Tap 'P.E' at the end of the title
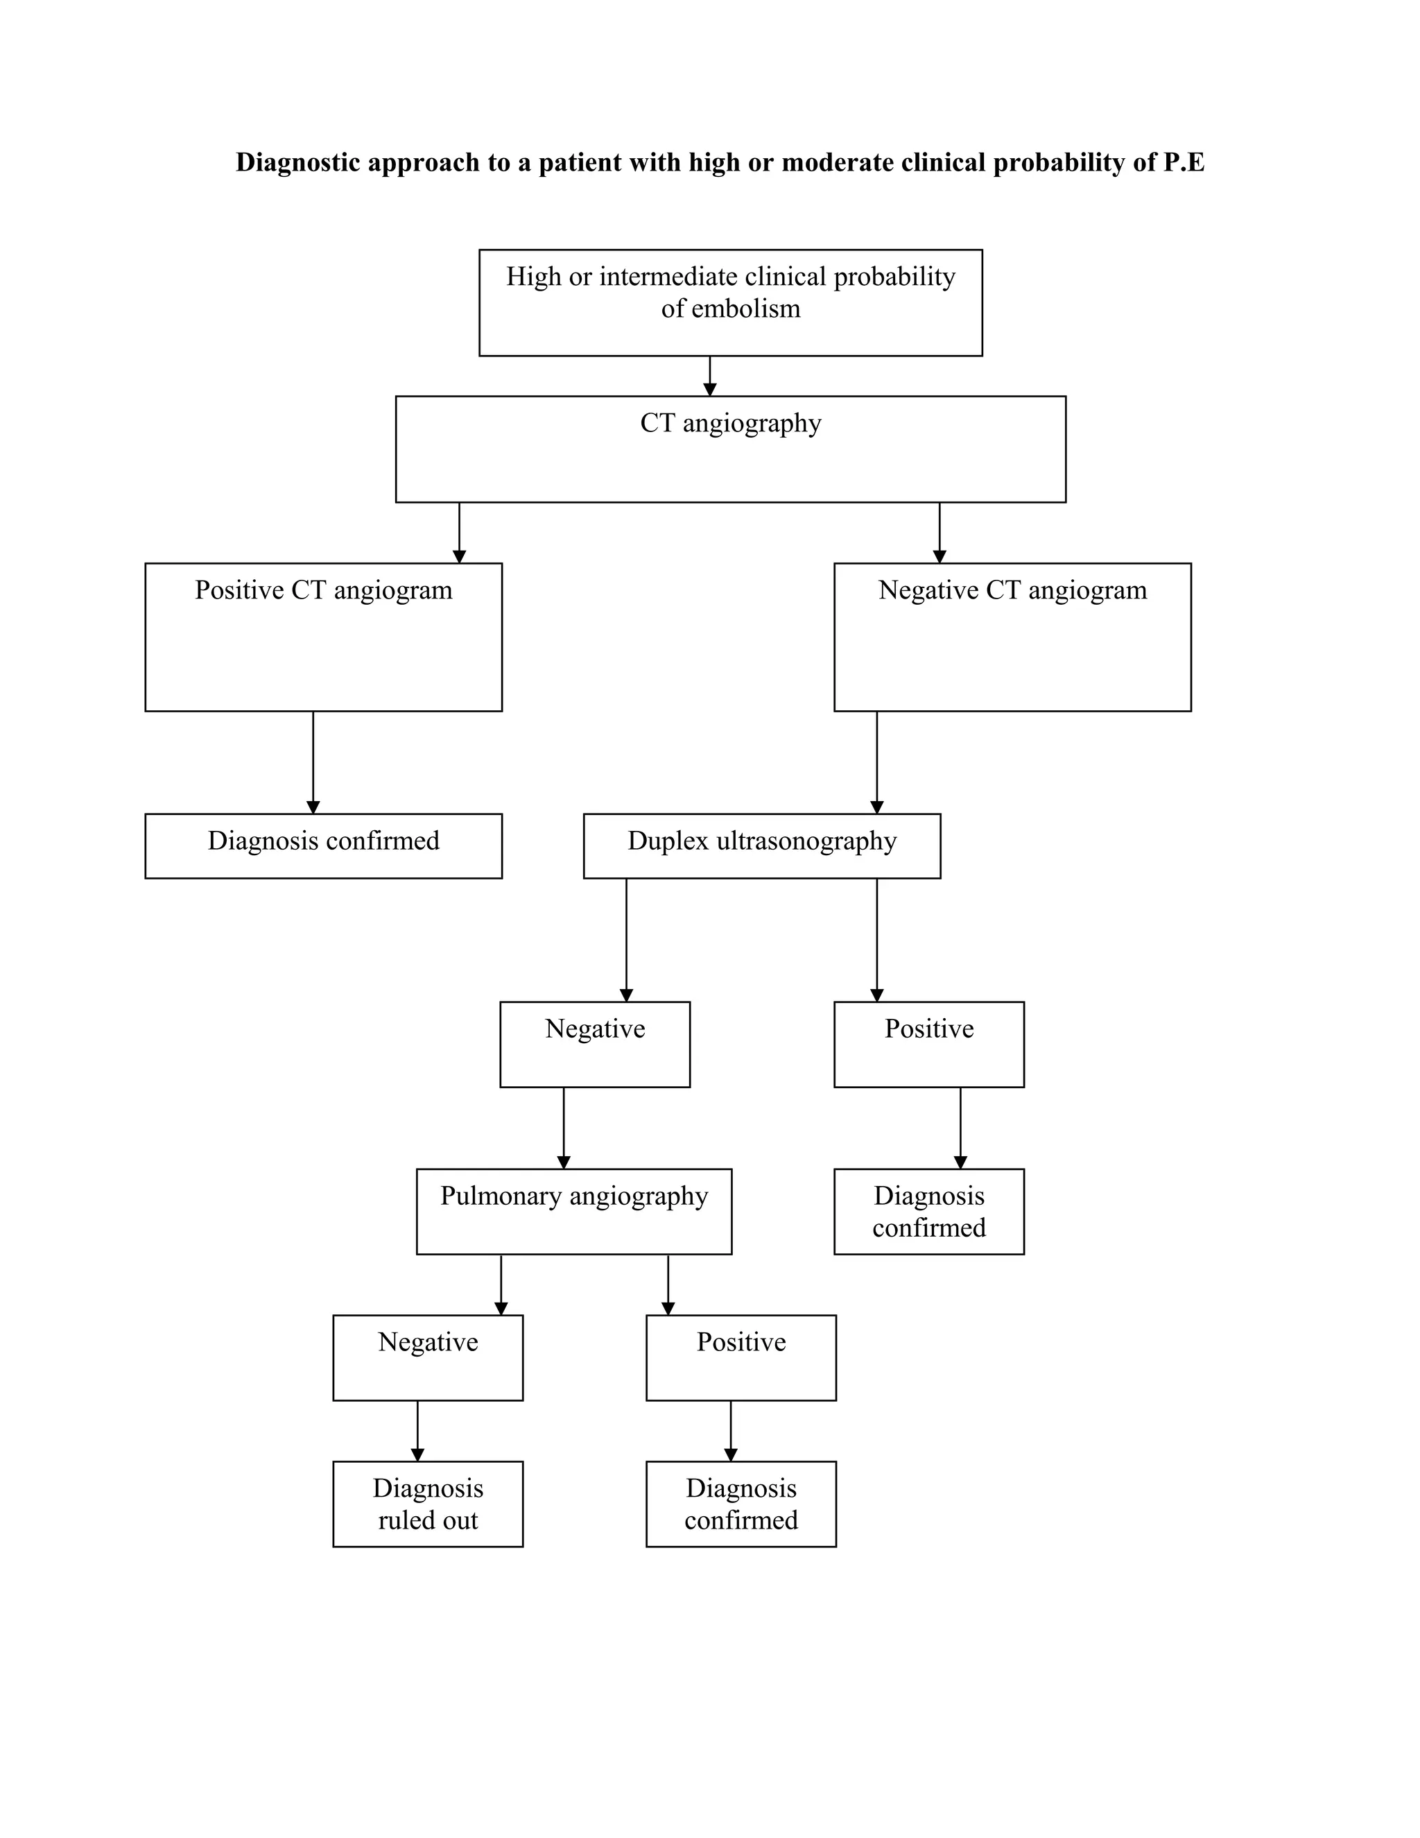[x=1184, y=162]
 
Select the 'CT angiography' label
[x=730, y=422]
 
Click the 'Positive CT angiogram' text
[x=324, y=590]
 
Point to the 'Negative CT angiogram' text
[x=1012, y=590]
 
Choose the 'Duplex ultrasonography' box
[x=761, y=845]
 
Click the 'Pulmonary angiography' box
[x=573, y=1211]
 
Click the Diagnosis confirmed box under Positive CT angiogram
[x=324, y=845]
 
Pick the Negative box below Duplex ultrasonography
[x=595, y=1044]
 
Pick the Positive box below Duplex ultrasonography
[x=928, y=1044]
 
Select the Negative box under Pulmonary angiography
[x=427, y=1357]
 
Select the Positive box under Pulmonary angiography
[x=741, y=1357]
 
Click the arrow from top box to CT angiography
[x=709, y=376]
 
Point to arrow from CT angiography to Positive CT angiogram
[x=459, y=533]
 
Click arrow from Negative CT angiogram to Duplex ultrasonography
[x=876, y=762]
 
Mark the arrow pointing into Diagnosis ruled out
[x=417, y=1431]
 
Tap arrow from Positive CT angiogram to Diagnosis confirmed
[x=313, y=762]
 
